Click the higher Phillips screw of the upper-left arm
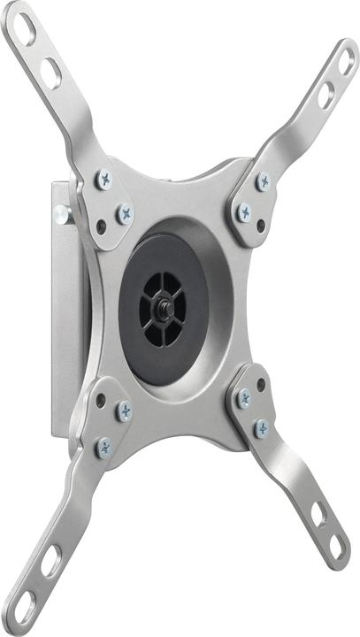pyautogui.click(x=104, y=180)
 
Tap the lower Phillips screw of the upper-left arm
pyautogui.click(x=125, y=213)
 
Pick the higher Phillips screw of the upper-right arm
pyautogui.click(x=263, y=181)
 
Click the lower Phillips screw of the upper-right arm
pyautogui.click(x=243, y=212)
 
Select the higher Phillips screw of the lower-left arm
pyautogui.click(x=124, y=411)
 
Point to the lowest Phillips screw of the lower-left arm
pyautogui.click(x=104, y=447)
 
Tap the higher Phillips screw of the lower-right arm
pyautogui.click(x=244, y=399)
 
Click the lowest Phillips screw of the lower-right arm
pyautogui.click(x=262, y=429)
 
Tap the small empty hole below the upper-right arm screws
pyautogui.click(x=261, y=226)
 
